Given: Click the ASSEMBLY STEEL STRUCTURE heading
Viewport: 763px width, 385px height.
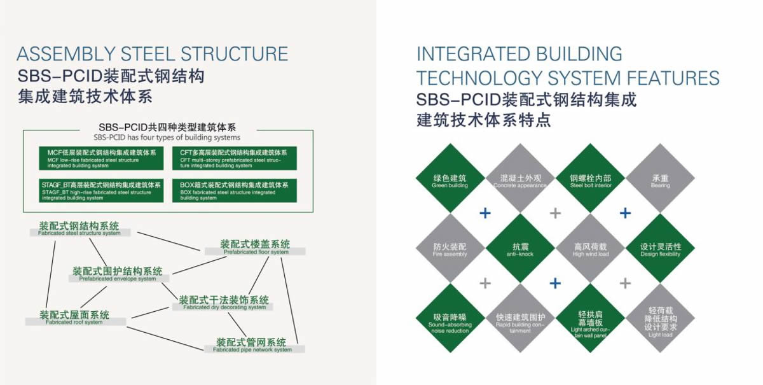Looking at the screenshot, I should pos(152,53).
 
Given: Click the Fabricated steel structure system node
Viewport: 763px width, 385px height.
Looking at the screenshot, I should pos(79,229).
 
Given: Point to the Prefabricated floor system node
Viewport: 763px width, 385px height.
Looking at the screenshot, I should pos(255,248).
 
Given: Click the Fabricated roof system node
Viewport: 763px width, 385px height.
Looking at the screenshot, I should pos(74,318).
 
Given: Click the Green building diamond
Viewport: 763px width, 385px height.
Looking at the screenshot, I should pos(450,179).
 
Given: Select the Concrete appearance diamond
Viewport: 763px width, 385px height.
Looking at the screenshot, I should pos(520,179).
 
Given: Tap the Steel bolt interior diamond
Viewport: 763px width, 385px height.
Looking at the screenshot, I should pos(590,179).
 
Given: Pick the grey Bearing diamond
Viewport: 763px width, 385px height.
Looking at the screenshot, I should pos(660,179).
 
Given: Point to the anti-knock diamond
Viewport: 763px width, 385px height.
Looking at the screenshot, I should pos(520,249).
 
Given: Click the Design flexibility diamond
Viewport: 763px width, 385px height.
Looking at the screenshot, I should pos(660,249).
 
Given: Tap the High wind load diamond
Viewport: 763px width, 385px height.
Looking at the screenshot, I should pos(590,249).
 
